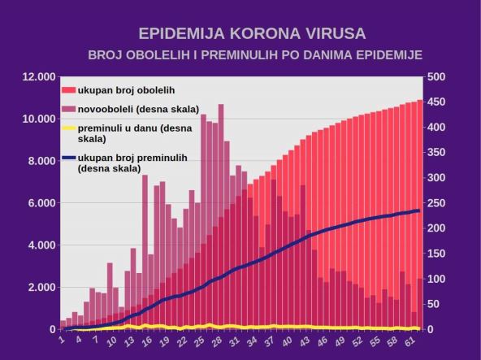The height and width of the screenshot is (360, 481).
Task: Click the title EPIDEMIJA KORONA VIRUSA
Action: [252, 34]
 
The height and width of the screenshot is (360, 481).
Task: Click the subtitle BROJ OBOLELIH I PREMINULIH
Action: [255, 55]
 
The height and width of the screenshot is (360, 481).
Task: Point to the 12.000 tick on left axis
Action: [38, 77]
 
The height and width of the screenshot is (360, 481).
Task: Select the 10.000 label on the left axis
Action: [38, 119]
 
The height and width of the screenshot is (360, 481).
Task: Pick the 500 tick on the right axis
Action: [435, 77]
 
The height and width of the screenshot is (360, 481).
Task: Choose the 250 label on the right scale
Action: [435, 203]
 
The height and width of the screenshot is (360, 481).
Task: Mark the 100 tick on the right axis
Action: [435, 279]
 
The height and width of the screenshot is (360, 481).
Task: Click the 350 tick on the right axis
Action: [435, 153]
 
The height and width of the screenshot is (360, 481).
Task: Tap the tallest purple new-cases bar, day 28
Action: [221, 163]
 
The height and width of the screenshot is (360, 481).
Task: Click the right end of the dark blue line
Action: [418, 210]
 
